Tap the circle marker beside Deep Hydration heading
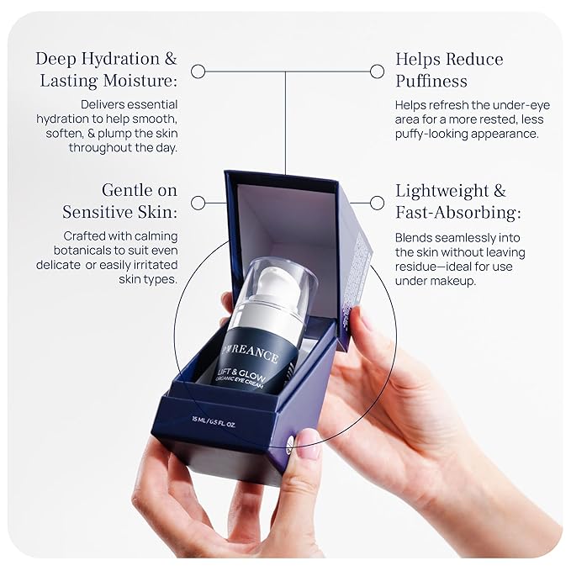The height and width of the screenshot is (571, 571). pyautogui.click(x=198, y=71)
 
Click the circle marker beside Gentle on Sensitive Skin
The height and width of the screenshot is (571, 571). pyautogui.click(x=198, y=203)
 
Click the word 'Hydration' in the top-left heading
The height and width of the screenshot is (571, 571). pyautogui.click(x=117, y=59)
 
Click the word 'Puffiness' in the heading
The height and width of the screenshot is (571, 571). pyautogui.click(x=432, y=82)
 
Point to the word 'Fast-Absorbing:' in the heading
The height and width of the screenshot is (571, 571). pyautogui.click(x=458, y=213)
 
